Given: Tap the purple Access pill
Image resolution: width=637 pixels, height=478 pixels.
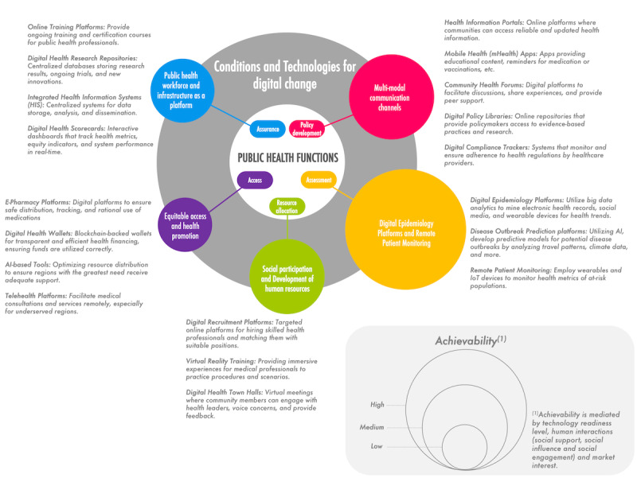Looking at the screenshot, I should point(255,181).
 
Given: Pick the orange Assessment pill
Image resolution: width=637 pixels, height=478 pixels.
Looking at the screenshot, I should point(318,181).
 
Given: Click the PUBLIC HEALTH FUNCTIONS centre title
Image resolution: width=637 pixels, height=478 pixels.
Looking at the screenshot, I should point(287,157).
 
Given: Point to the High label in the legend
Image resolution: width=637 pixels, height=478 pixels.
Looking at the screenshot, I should point(377,405).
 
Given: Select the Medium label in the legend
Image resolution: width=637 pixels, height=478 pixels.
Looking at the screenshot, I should point(373,429).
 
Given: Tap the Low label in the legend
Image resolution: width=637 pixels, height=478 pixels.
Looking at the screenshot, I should point(377,446).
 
